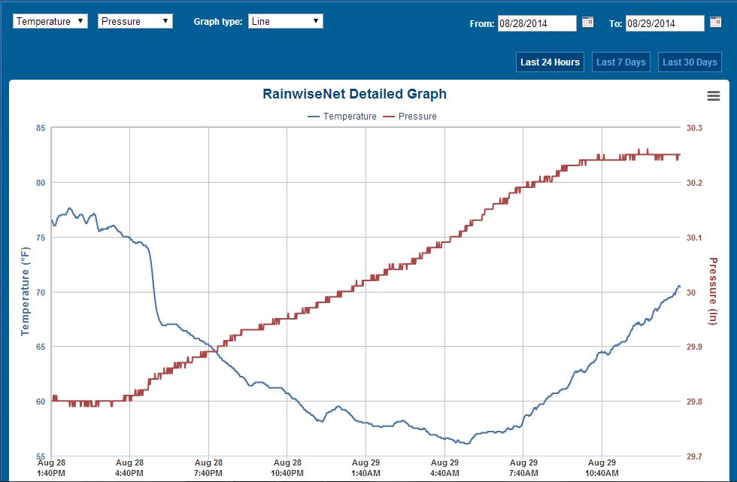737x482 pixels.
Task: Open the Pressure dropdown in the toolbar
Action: pos(135,21)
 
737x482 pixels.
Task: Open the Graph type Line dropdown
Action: pos(286,21)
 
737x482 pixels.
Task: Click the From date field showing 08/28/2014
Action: pos(537,23)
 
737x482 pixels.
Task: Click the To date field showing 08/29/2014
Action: pos(664,23)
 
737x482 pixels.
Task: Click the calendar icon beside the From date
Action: pos(588,23)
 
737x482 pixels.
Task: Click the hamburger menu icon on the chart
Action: pos(714,95)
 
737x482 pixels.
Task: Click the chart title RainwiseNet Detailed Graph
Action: pos(354,94)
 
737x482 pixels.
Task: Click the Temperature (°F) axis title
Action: pos(25,293)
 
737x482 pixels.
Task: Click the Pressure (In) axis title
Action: pos(713,292)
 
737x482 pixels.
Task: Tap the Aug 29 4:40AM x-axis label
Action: pos(444,468)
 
